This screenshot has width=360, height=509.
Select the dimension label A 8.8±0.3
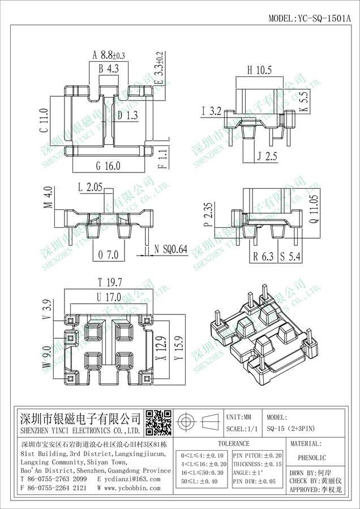pyautogui.click(x=108, y=55)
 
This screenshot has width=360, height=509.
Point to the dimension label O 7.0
pyautogui.click(x=108, y=256)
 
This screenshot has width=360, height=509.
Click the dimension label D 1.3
pyautogui.click(x=127, y=115)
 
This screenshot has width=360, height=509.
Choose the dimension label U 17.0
pyautogui.click(x=109, y=297)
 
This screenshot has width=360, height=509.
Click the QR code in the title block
pyautogui.click(x=158, y=421)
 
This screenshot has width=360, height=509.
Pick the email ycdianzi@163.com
pyautogui.click(x=131, y=479)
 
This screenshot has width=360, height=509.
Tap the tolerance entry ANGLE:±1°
pyautogui.click(x=249, y=472)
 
